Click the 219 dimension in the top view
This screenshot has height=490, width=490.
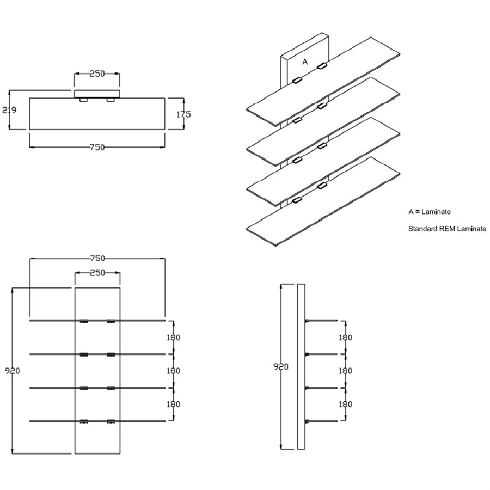pyautogui.click(x=9, y=110)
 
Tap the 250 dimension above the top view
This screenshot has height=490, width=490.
pyautogui.click(x=97, y=73)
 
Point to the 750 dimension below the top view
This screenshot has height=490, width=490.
pyautogui.click(x=97, y=147)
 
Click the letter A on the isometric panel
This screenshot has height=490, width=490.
pyautogui.click(x=305, y=62)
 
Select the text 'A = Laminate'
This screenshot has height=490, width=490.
pyautogui.click(x=430, y=211)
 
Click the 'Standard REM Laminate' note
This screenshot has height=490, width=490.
pyautogui.click(x=447, y=229)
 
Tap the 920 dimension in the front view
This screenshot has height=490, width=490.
pyautogui.click(x=12, y=371)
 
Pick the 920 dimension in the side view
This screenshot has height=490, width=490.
pyautogui.click(x=281, y=366)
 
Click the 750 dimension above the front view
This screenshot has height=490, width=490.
pyautogui.click(x=97, y=258)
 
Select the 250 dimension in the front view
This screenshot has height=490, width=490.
pyautogui.click(x=97, y=273)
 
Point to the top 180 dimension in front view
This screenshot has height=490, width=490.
pyautogui.click(x=173, y=338)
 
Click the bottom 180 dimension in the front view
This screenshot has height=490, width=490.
pyautogui.click(x=173, y=405)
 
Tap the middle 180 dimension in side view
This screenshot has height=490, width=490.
pyautogui.click(x=345, y=371)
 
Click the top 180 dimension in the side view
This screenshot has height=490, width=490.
pyautogui.click(x=345, y=338)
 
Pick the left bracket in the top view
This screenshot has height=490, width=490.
pyautogui.click(x=83, y=100)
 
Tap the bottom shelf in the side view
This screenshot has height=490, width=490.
pyautogui.click(x=322, y=421)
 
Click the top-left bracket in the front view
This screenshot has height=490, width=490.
pyautogui.click(x=84, y=322)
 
